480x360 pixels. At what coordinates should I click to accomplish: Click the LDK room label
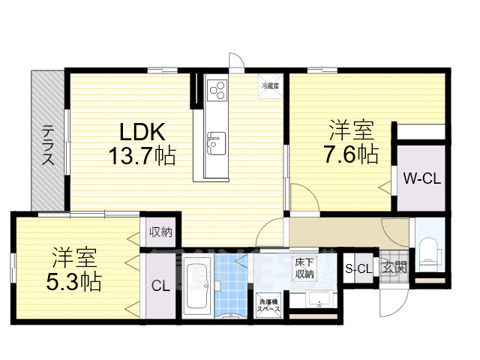(142, 133)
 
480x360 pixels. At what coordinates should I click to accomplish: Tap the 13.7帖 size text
(142, 156)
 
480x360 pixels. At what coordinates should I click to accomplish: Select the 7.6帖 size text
(351, 154)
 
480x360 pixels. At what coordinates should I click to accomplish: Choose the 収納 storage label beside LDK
(159, 232)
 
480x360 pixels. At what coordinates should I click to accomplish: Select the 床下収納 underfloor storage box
(304, 267)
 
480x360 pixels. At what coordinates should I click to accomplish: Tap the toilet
(429, 249)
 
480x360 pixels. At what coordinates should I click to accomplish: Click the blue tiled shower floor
(232, 288)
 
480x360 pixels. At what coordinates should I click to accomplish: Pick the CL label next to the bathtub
(160, 286)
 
